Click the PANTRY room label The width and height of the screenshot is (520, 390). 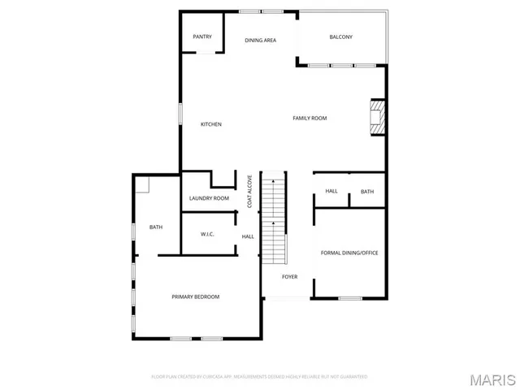pos(202,37)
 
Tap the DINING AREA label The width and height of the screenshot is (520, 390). pos(261,40)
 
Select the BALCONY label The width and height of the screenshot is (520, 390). pos(340,37)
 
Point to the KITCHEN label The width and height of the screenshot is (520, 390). pos(211,124)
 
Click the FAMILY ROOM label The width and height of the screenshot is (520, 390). pos(310,119)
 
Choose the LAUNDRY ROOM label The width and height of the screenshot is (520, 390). pos(209,198)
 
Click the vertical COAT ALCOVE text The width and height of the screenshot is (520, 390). pos(250,193)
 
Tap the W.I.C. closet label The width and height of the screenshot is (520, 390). pos(207,235)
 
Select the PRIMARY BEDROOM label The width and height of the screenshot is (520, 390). pos(195,297)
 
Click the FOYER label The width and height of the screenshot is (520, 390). pos(289,277)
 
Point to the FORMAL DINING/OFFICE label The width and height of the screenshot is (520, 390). pos(349,253)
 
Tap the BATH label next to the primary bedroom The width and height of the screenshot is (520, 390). pos(156,227)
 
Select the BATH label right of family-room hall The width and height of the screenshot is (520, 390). pos(367,192)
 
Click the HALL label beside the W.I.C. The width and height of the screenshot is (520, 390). pos(248,236)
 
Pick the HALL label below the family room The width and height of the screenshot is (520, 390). pos(331,191)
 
